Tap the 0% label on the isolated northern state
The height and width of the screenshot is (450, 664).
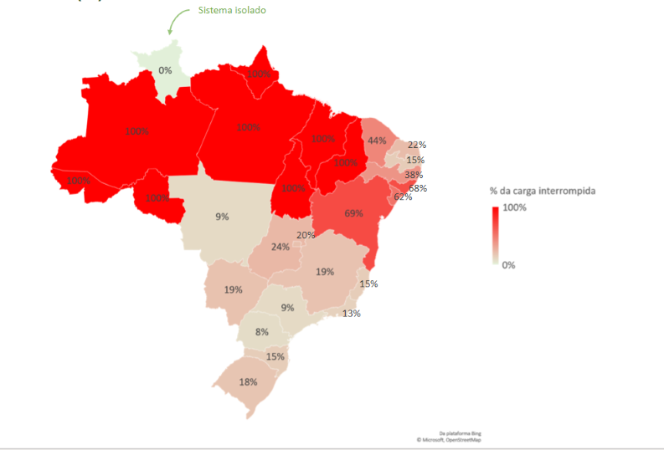click(x=165, y=70)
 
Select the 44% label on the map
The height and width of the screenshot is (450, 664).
click(x=376, y=141)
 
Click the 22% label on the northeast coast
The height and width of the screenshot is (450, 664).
click(x=416, y=145)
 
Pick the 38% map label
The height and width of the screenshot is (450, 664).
click(x=413, y=175)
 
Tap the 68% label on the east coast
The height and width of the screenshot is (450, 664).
click(x=418, y=188)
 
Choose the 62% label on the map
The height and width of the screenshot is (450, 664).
click(x=403, y=197)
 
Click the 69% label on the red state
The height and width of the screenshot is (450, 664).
click(x=353, y=213)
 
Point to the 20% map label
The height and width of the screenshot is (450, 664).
click(x=306, y=235)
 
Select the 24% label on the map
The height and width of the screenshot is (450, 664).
click(x=280, y=247)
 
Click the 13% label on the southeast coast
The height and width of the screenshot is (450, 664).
click(x=351, y=314)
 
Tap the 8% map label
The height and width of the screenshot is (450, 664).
click(x=262, y=332)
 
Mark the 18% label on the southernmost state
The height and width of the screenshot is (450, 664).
click(x=248, y=382)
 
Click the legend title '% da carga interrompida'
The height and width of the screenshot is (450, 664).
click(x=543, y=191)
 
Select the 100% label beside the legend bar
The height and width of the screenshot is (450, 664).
click(x=514, y=207)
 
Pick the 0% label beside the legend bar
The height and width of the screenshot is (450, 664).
click(x=508, y=264)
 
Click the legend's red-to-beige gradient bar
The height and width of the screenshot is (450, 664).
click(x=495, y=235)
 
